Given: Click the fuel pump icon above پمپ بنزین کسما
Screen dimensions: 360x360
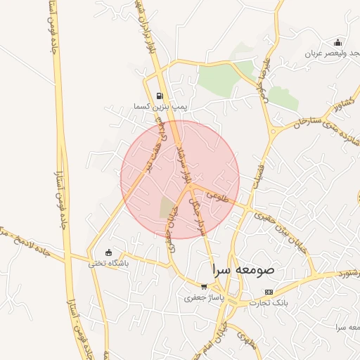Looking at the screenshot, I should [160, 96].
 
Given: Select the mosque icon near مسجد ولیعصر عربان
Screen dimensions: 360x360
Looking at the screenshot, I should [338, 42].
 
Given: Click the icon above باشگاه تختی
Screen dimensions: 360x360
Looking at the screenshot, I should [108, 253].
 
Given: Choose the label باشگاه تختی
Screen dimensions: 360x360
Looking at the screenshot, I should [105, 264].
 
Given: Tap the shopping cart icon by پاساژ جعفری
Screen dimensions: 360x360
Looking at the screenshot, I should [204, 287].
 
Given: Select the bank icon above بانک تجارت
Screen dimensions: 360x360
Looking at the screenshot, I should [268, 292].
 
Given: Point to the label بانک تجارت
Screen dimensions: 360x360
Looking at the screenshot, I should [270, 302].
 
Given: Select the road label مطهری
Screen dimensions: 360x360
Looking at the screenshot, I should [246, 339].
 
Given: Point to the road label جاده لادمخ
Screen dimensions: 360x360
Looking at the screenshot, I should [21, 240].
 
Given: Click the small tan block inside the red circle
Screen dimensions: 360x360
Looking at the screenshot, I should [167, 207].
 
